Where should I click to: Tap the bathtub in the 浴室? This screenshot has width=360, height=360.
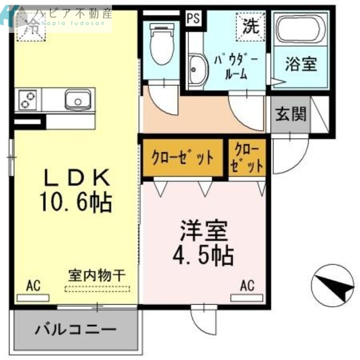point(301,29)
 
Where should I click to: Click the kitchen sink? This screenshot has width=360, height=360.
point(78,99)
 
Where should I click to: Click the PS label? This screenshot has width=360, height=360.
point(193,19)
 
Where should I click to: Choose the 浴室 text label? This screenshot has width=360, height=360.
point(301,64)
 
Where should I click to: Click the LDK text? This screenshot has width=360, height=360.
point(76,178)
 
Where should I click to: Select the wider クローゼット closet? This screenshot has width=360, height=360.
point(183,157)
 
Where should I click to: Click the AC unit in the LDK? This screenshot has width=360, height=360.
point(33,297)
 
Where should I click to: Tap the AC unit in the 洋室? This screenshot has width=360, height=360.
point(247,297)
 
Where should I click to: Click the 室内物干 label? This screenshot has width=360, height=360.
point(96,274)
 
